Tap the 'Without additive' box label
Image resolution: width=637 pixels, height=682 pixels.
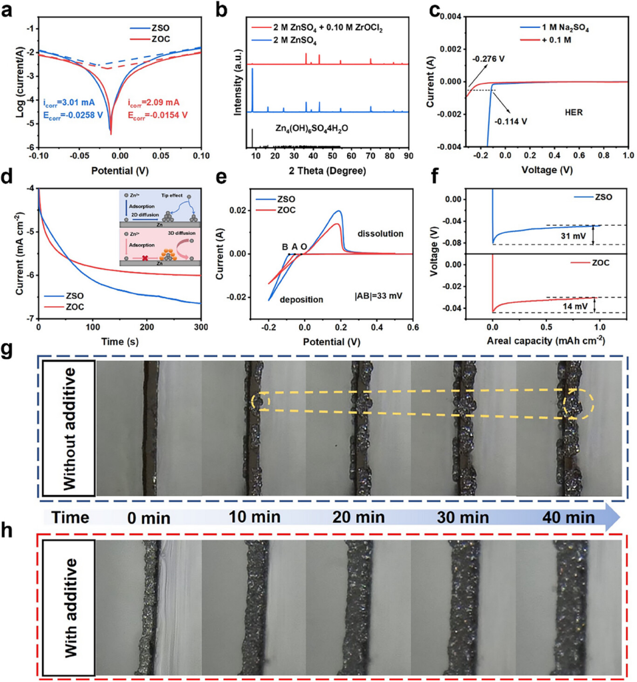69,426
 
